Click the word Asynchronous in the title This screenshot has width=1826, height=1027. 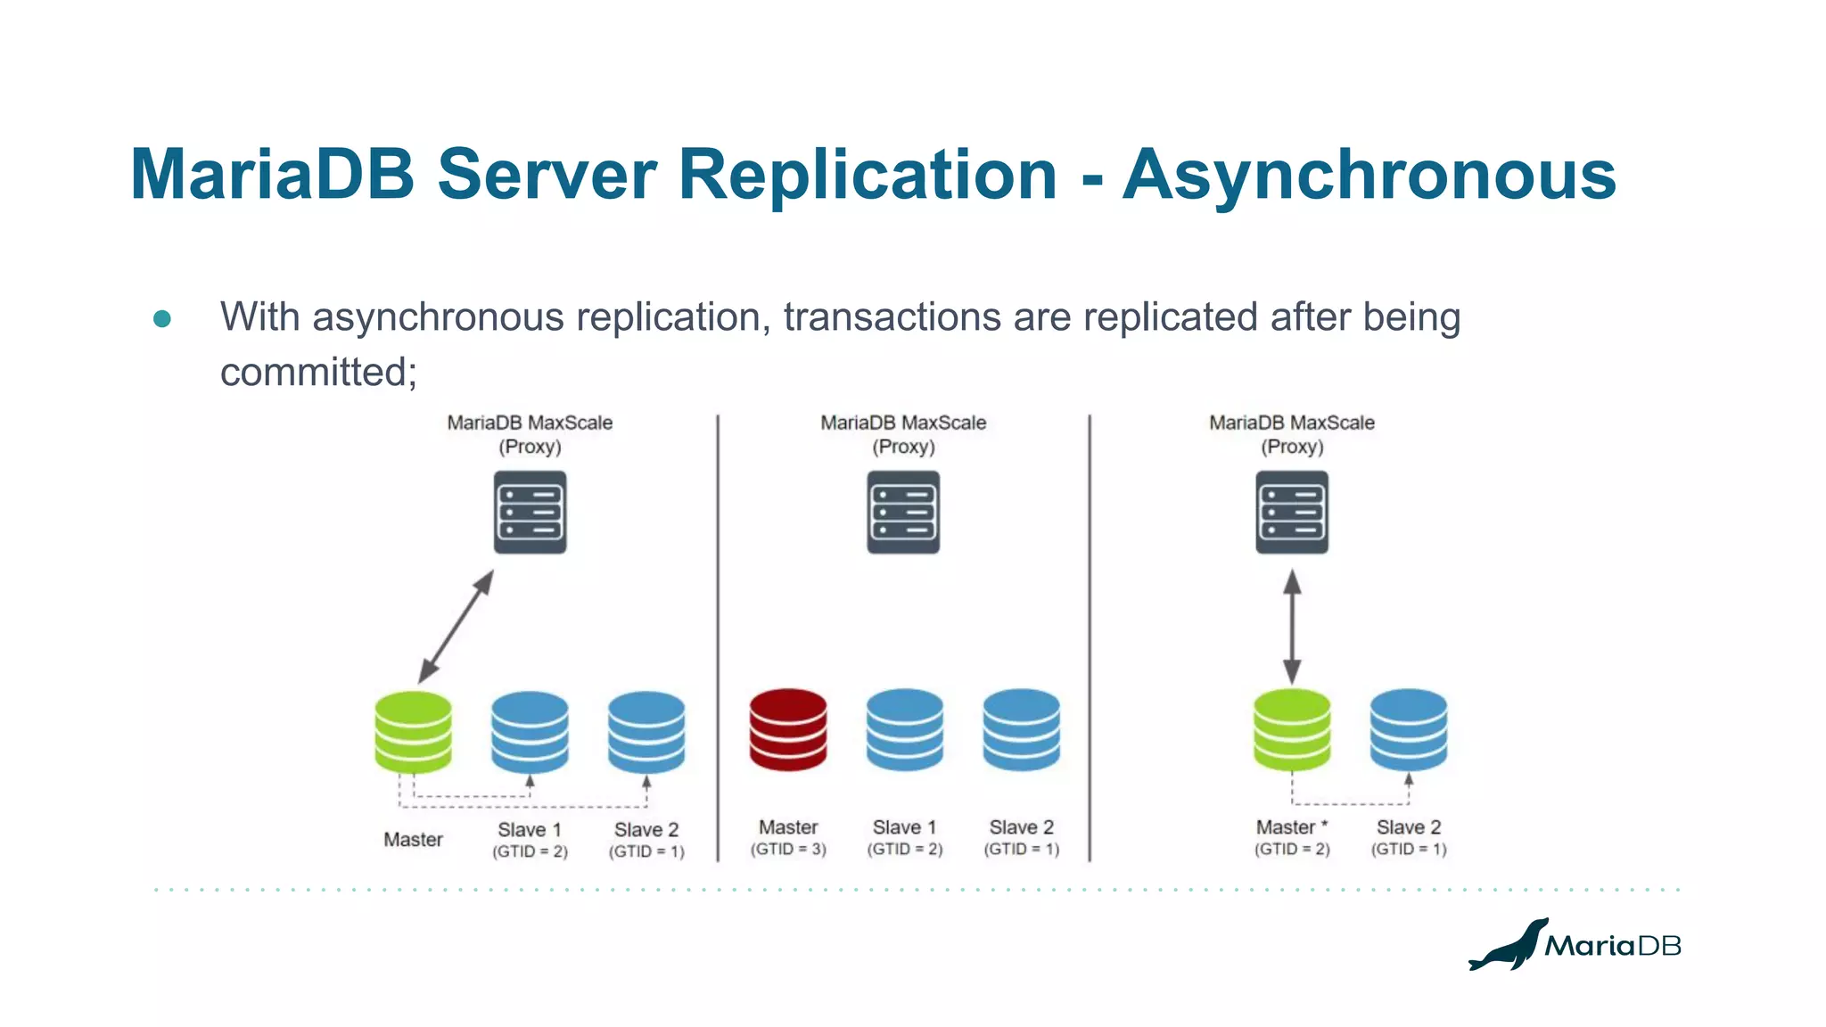pos(1369,175)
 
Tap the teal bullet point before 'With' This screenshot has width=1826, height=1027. pos(162,319)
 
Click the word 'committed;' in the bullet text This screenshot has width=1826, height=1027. pos(318,373)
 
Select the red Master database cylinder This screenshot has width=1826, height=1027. pos(788,728)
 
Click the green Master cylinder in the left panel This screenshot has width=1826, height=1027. pos(413,731)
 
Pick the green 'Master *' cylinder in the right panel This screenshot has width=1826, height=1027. pos(1292,728)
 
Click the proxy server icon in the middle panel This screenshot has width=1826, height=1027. pos(903,513)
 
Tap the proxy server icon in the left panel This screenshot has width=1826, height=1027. pos(530,513)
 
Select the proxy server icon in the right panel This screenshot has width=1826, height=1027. pos(1292,513)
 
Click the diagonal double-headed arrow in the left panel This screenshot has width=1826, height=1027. pos(456,628)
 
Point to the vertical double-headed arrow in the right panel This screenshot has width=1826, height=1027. pos(1292,627)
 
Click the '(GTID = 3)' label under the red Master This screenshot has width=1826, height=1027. pos(788,850)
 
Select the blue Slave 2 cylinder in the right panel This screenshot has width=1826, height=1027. pos(1409,728)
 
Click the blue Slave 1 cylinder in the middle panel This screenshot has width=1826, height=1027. pos(904,728)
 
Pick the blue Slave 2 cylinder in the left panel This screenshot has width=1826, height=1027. pos(646,731)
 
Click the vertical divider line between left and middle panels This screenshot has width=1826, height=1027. pos(718,637)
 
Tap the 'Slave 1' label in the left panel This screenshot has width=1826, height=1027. pos(530,830)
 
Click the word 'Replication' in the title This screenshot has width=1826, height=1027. pos(868,175)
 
